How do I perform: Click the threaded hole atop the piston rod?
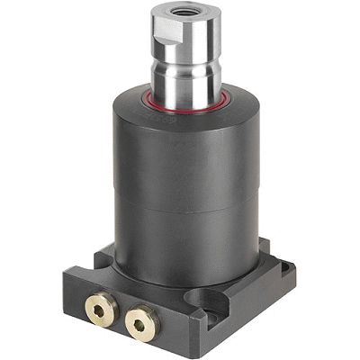(x=184, y=12)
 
